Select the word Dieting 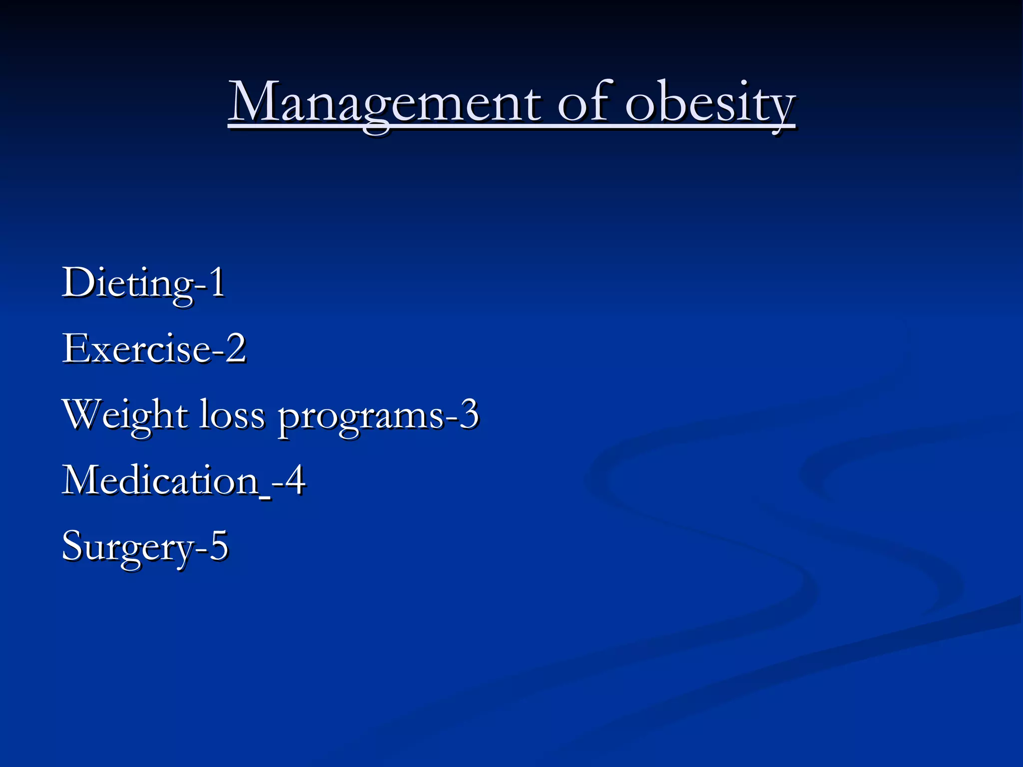coord(127,284)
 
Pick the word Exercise coord(136,349)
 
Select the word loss coord(232,414)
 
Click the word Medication coord(160,480)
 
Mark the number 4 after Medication coord(295,480)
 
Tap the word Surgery coord(127,547)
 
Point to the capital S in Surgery coord(72,545)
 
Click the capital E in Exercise coord(74,348)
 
